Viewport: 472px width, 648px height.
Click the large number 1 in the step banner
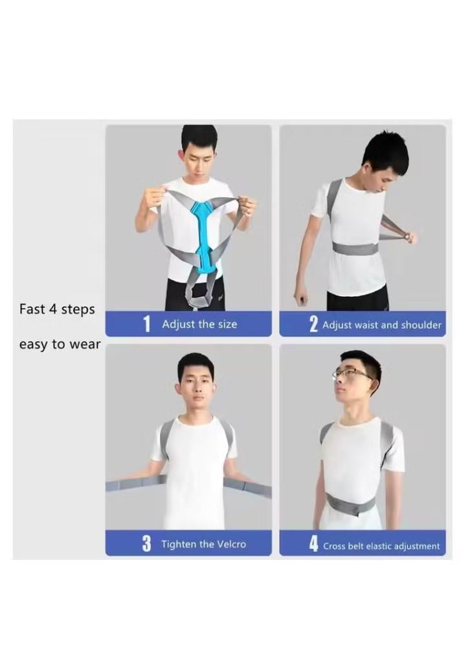coord(146,324)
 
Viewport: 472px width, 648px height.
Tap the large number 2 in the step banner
coord(314,325)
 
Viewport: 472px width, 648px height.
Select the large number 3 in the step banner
coord(146,544)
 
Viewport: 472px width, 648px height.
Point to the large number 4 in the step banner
coord(314,544)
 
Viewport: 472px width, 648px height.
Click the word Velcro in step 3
coord(231,544)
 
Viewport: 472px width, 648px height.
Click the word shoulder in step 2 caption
coord(421,325)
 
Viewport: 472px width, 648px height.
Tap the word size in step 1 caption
coord(227,324)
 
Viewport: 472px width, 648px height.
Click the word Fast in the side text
coord(32,309)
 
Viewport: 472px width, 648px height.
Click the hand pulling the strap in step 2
coord(410,237)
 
